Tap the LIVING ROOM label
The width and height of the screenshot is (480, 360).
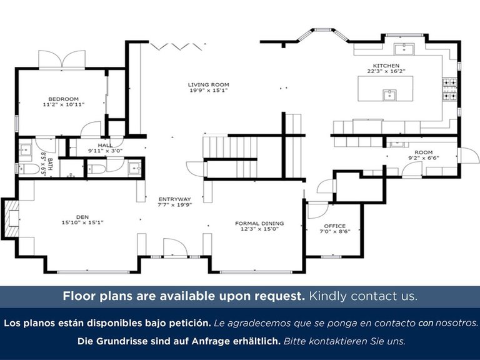[209, 84]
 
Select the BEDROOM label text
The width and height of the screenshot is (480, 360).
[64, 99]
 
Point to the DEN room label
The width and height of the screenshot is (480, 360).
[82, 217]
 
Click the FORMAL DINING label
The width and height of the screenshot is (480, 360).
[259, 224]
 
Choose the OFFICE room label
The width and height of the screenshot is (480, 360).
[335, 226]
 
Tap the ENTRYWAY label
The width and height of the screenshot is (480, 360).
[175, 199]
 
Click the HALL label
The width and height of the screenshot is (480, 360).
[105, 145]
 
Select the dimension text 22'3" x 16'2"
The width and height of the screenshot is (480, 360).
[386, 71]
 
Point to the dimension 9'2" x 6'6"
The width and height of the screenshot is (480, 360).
[424, 158]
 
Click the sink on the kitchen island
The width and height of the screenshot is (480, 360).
[389, 95]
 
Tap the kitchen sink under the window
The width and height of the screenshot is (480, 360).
[404, 49]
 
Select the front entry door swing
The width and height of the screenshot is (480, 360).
[175, 247]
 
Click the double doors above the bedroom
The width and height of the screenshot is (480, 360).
[62, 59]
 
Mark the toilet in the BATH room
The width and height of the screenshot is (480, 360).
[29, 169]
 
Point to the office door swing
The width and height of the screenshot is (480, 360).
[317, 210]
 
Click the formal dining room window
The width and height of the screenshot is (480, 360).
[256, 271]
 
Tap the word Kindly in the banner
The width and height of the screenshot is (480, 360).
[328, 296]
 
